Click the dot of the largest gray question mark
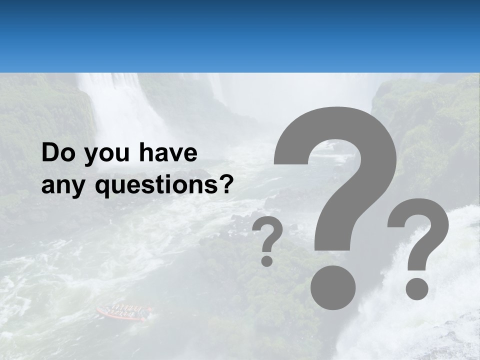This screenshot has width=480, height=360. (333, 287)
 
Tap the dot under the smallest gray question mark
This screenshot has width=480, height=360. (267, 260)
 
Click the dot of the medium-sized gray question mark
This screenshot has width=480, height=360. (417, 289)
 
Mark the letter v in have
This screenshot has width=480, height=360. (175, 154)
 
